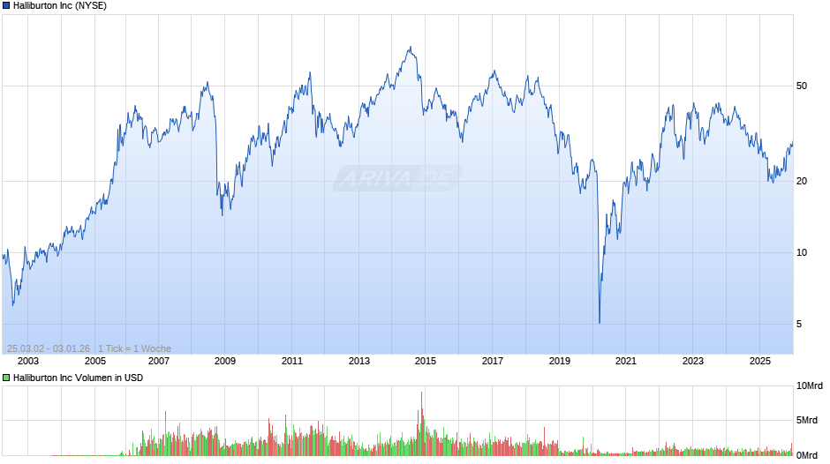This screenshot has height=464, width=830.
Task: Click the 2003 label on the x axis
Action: (x=28, y=361)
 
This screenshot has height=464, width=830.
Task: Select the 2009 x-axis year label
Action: (x=225, y=361)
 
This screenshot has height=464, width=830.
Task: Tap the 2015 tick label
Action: (x=426, y=361)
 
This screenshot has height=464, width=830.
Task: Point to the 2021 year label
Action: (x=626, y=361)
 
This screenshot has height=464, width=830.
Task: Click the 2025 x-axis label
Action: (x=760, y=361)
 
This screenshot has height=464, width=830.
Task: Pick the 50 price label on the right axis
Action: (x=802, y=86)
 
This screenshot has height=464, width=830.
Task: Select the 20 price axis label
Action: (x=802, y=182)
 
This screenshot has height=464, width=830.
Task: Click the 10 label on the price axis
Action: (x=802, y=253)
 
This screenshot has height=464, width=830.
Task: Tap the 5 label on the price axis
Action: (x=799, y=325)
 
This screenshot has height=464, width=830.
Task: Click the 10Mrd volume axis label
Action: (x=810, y=386)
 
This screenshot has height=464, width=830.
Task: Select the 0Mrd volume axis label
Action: (x=807, y=455)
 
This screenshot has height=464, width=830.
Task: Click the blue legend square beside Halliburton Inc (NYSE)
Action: (x=6, y=5)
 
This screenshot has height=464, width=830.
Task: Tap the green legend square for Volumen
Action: (x=6, y=378)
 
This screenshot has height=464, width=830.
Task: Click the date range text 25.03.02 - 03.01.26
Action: (x=49, y=348)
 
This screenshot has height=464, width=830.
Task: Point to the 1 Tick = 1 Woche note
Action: (x=135, y=348)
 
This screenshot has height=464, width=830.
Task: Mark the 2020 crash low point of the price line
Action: (x=600, y=323)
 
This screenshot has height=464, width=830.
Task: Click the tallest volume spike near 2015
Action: (x=422, y=393)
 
